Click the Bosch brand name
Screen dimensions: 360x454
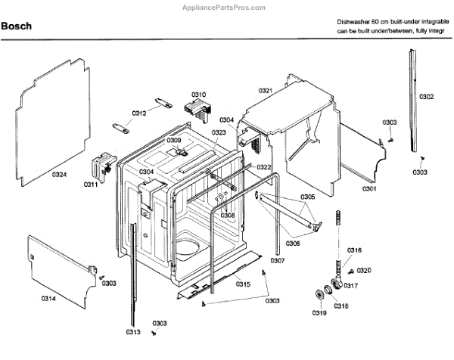16,25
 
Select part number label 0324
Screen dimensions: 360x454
60,175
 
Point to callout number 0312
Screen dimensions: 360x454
139,113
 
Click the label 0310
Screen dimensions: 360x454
198,95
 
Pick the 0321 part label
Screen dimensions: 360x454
265,91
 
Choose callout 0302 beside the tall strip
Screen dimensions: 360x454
427,97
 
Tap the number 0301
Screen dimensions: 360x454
368,188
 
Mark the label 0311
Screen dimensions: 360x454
91,184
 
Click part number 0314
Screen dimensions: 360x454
48,299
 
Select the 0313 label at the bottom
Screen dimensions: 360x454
133,331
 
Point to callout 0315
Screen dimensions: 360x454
242,284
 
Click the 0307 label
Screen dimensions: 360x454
277,261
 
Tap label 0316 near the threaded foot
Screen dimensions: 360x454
354,250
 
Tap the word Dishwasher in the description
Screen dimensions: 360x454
355,23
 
